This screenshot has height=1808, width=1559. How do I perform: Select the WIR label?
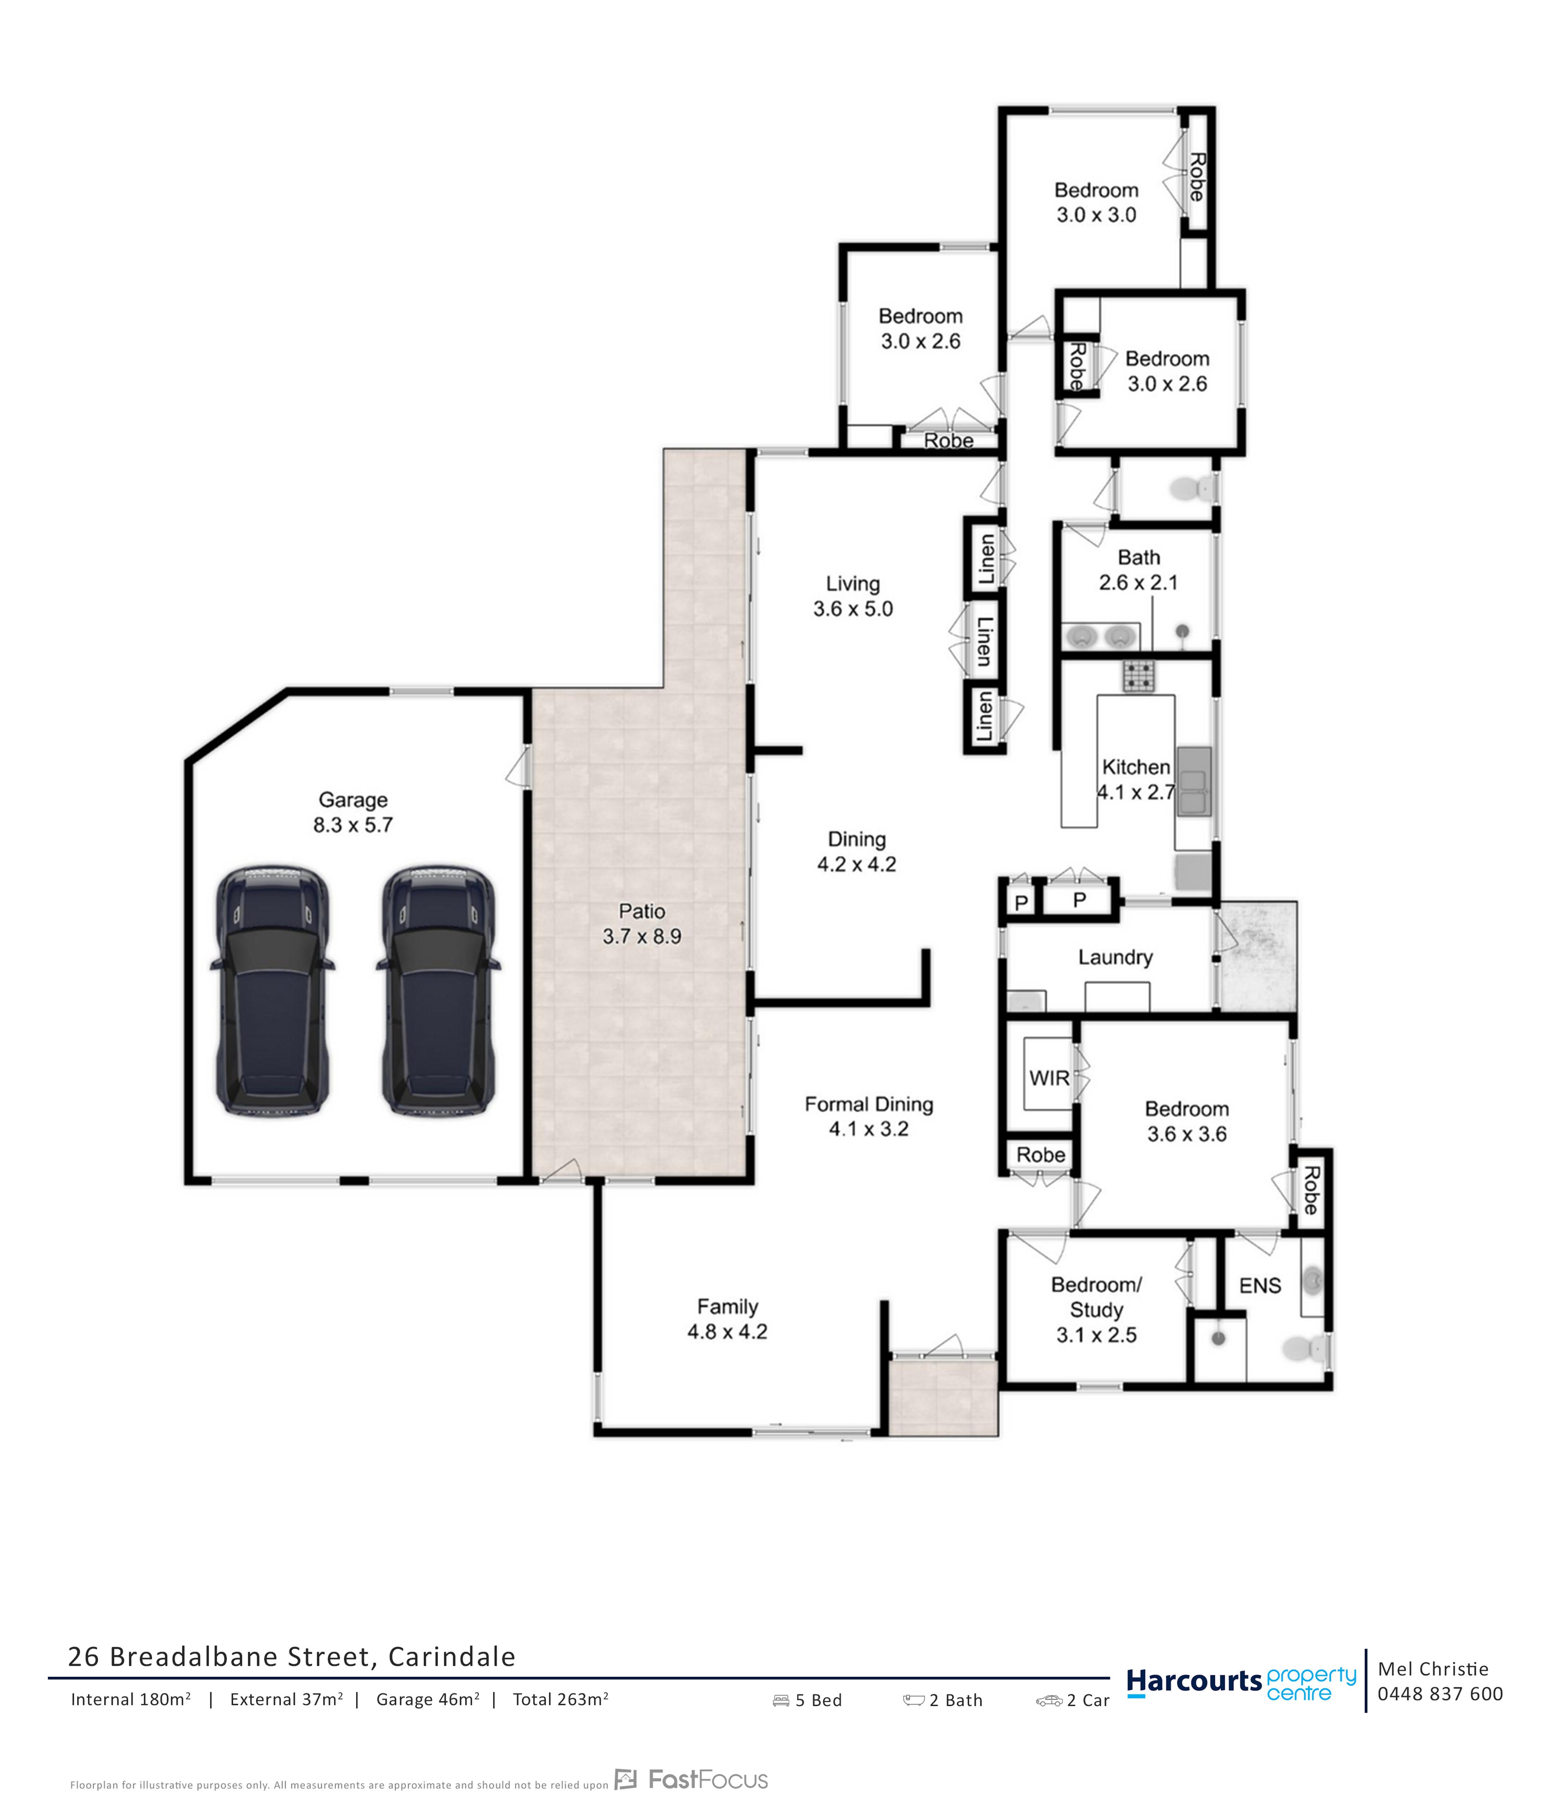tap(1049, 1078)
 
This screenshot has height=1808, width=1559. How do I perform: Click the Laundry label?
tap(1115, 957)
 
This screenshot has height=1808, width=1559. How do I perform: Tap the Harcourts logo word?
tap(1194, 1680)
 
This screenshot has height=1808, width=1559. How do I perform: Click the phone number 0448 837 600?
tap(1439, 1694)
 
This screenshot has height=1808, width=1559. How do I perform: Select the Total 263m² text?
tap(560, 1699)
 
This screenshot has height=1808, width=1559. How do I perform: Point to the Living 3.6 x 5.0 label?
tap(852, 596)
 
